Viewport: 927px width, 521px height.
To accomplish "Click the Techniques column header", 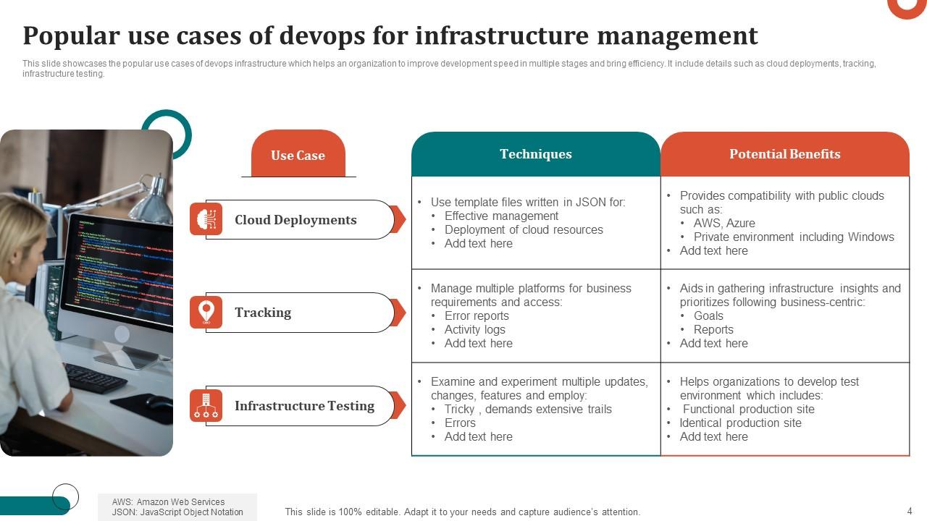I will pyautogui.click(x=536, y=154).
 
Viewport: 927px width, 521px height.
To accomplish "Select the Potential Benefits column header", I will pyautogui.click(x=784, y=154).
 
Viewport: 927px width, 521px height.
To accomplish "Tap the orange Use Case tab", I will pyautogui.click(x=298, y=155).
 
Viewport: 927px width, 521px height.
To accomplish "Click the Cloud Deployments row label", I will pyautogui.click(x=295, y=220).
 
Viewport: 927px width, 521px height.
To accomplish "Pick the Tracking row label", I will pyautogui.click(x=263, y=313).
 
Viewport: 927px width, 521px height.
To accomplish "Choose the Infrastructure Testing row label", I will pyautogui.click(x=304, y=406).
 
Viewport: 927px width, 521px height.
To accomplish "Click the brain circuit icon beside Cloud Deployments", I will pyautogui.click(x=206, y=219).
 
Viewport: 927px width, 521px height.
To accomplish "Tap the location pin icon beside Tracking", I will pyautogui.click(x=206, y=312).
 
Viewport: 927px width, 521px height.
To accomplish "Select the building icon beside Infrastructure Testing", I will pyautogui.click(x=206, y=405).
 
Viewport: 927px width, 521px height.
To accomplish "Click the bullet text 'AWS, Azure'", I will pyautogui.click(x=724, y=223).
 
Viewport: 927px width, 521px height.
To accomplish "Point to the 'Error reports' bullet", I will pyautogui.click(x=477, y=315).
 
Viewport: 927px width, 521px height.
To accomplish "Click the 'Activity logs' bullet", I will pyautogui.click(x=475, y=329).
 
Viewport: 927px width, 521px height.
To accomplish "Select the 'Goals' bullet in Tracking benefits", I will pyautogui.click(x=708, y=315).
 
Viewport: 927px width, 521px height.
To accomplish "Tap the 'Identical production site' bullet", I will pyautogui.click(x=740, y=423).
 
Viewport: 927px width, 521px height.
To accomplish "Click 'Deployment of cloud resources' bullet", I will pyautogui.click(x=524, y=229).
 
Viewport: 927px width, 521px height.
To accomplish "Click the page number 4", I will pyautogui.click(x=910, y=511).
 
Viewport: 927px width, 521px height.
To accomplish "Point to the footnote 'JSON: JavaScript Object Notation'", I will pyautogui.click(x=177, y=512).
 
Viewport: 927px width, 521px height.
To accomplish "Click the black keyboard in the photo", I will pyautogui.click(x=95, y=377).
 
